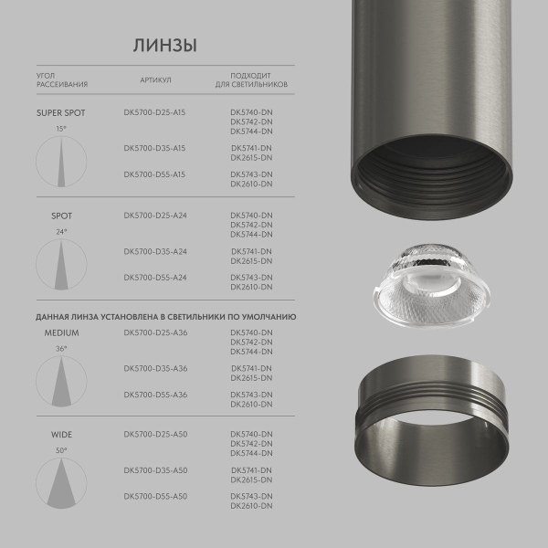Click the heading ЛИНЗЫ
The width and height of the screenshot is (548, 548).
point(164,46)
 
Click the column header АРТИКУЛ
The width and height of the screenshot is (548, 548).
point(155,79)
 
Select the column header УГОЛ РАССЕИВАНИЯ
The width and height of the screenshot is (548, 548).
point(62,79)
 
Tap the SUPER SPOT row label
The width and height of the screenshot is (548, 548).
point(60,113)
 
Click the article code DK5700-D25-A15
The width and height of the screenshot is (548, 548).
point(154,113)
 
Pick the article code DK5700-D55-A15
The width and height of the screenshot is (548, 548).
point(154,174)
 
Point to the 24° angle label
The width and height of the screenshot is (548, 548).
point(61,232)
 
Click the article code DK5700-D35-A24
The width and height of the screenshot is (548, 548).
point(154,251)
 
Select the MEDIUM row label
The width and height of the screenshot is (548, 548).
point(61,333)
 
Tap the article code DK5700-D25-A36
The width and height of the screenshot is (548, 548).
point(154,333)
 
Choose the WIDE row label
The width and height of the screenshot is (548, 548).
point(61,435)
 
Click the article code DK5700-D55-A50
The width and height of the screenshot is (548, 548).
point(154,496)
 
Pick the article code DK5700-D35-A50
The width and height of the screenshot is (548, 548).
point(154,470)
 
